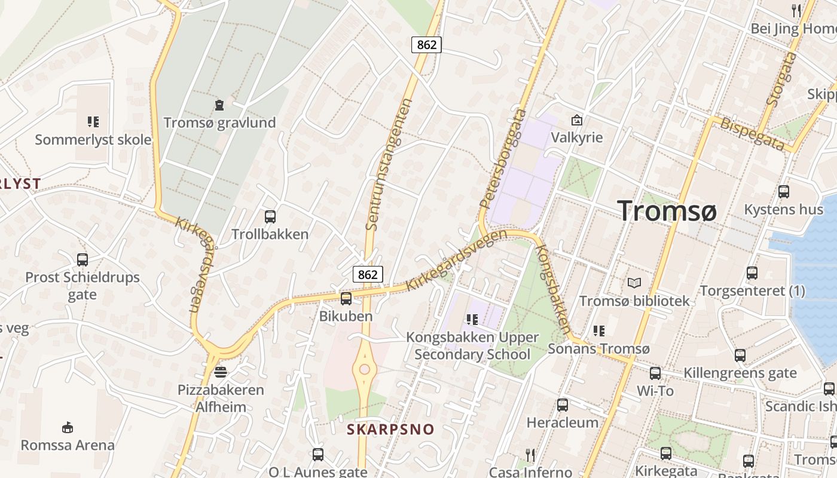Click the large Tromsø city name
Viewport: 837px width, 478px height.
(x=667, y=211)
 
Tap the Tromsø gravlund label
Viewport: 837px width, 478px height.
(x=220, y=123)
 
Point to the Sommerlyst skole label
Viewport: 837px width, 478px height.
(x=93, y=140)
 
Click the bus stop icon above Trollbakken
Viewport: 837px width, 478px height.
(x=270, y=217)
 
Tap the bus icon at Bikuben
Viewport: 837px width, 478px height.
(x=346, y=299)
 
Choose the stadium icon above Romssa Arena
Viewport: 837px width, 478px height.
(x=68, y=428)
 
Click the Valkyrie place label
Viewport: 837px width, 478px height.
(x=577, y=137)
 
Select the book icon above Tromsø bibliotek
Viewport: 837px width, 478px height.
(x=634, y=283)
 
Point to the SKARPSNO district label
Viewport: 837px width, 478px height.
(x=391, y=429)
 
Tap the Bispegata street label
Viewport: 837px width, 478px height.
(x=752, y=134)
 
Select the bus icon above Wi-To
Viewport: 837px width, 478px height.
(x=655, y=373)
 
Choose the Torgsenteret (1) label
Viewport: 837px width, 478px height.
(x=752, y=291)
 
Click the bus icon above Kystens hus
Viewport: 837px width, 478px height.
(x=783, y=192)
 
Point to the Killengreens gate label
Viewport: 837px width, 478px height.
(x=740, y=373)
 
